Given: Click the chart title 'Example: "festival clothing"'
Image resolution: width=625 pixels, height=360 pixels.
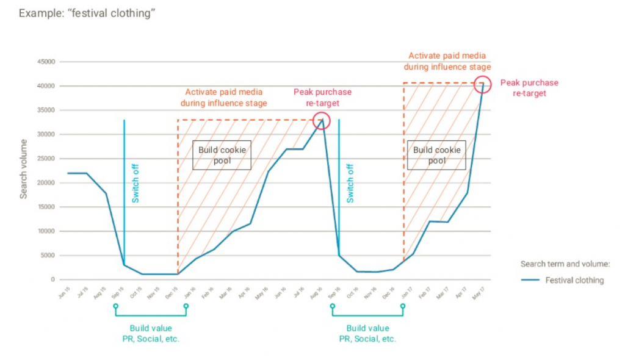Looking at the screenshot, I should [x=87, y=12].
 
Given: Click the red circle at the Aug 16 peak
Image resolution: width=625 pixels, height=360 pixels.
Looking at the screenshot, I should [x=320, y=120].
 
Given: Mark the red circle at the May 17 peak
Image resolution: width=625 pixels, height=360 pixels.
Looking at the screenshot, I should [x=483, y=84].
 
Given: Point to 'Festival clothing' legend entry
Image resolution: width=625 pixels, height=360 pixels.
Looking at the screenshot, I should [x=574, y=281].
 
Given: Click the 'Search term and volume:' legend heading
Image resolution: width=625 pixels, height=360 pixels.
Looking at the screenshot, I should [x=565, y=264].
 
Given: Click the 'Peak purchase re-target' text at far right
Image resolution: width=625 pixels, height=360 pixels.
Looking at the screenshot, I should [x=529, y=88].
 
